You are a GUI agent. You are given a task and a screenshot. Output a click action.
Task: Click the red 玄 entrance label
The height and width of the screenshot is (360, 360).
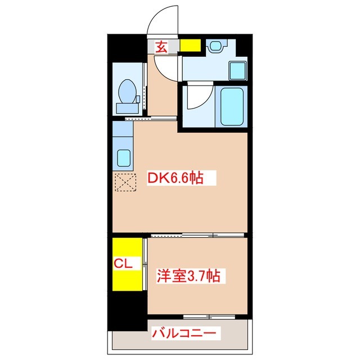coord(161,47)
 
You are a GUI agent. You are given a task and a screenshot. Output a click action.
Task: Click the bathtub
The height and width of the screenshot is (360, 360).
coord(231,106)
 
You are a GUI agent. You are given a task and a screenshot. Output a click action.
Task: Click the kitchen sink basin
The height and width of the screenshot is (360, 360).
coord(123,158)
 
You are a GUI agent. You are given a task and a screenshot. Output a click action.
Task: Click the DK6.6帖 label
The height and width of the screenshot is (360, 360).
coord(175,179)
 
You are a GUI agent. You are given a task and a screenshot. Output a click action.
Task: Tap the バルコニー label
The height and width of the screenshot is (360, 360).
coord(183,334)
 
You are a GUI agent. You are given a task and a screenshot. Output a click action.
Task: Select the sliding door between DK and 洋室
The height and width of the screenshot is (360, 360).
coord(197,235)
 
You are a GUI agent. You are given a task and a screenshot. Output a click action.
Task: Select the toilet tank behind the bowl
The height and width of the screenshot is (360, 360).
coord(128,107)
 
